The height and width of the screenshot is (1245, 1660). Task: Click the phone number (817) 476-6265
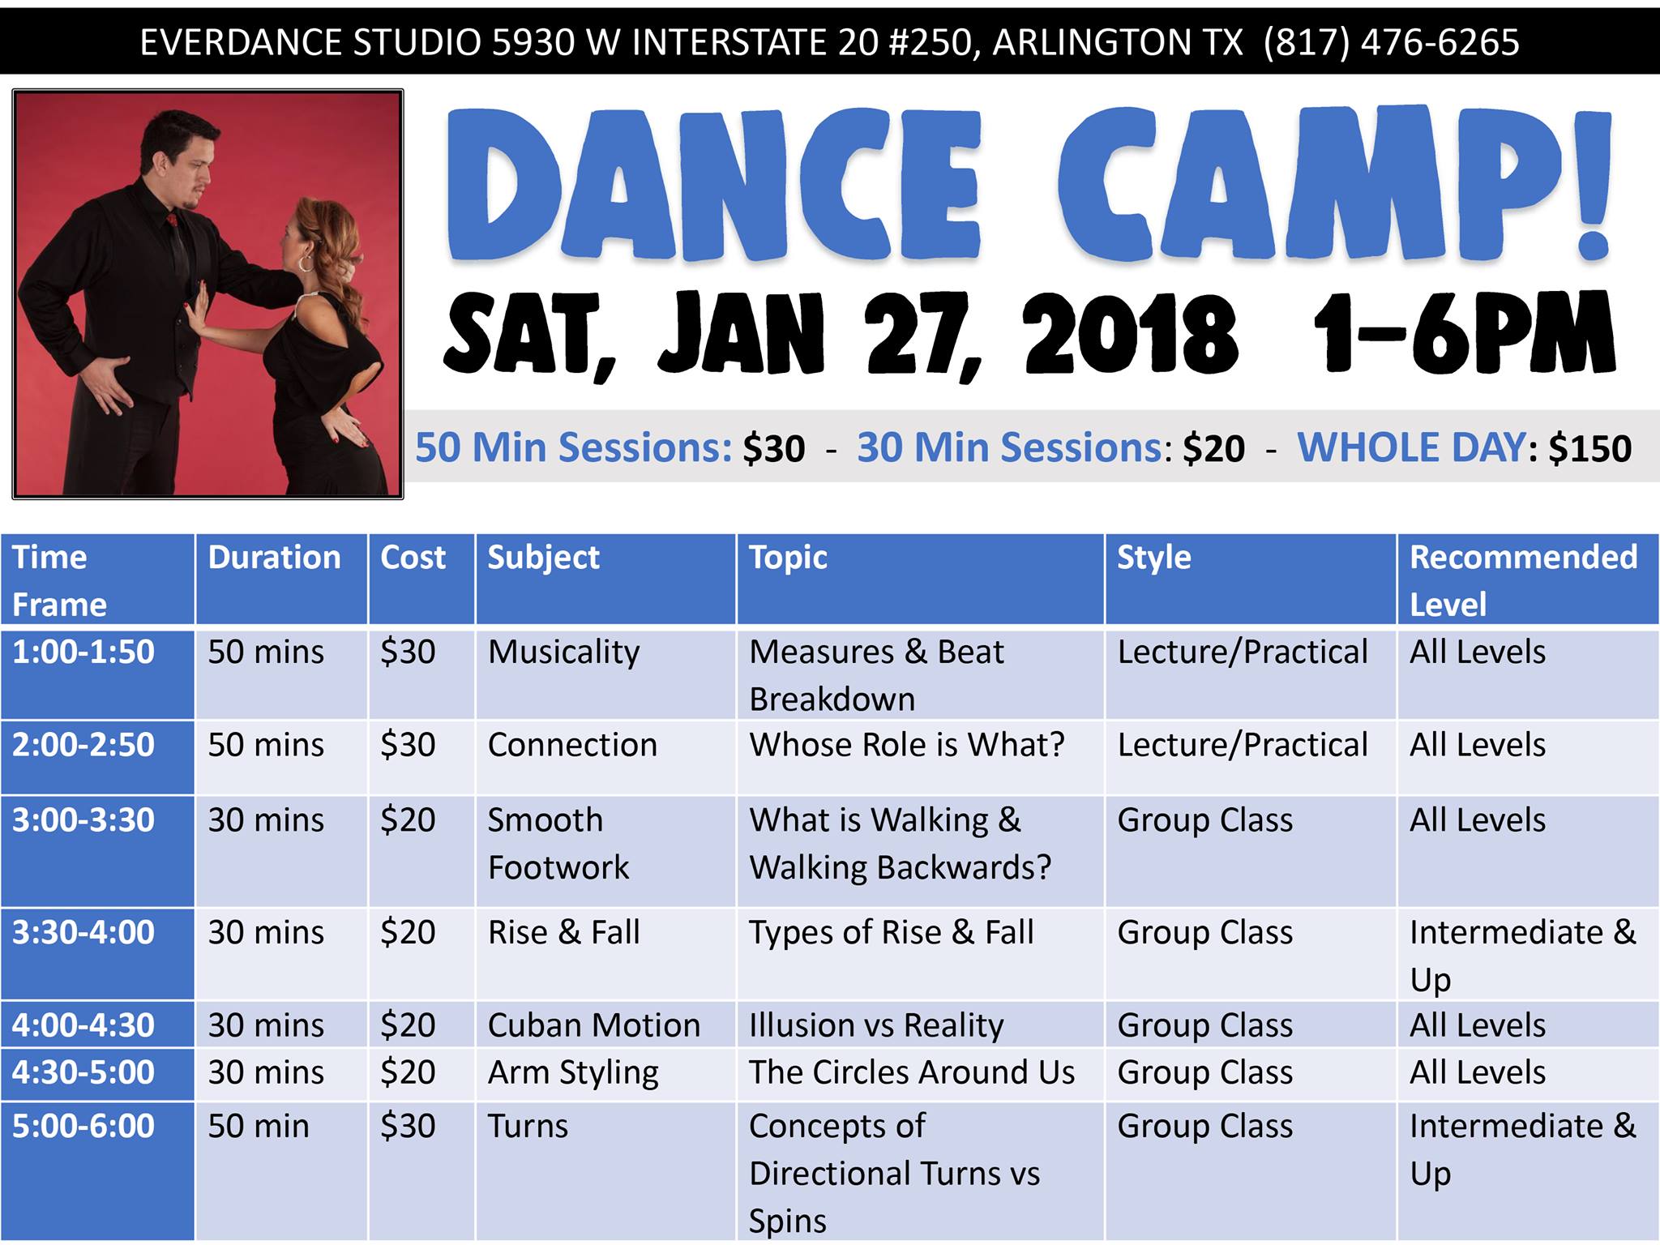coord(1391,42)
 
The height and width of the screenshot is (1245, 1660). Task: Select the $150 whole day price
coord(1589,449)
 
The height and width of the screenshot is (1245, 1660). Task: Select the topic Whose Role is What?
coord(907,745)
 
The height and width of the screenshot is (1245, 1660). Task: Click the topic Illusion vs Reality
coord(877,1026)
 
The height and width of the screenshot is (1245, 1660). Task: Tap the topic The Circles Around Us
coord(912,1072)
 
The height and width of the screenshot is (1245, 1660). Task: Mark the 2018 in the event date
coord(1131,335)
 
